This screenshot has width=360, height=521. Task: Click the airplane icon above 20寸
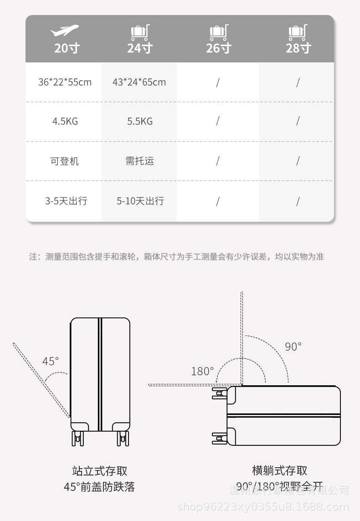[x=64, y=31]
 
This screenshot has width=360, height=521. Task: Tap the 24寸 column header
[x=139, y=47]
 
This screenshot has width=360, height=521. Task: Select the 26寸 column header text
[x=219, y=47]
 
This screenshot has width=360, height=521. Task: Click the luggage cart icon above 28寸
[x=297, y=32]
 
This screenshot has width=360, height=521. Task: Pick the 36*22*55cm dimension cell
[x=65, y=82]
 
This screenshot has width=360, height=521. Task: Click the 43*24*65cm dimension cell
[x=139, y=82]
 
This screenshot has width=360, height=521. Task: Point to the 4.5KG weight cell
[x=65, y=121]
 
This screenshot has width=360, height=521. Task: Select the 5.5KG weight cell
[x=139, y=121]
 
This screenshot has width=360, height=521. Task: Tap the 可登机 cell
[x=65, y=161]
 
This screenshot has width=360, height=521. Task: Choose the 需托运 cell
[x=139, y=161]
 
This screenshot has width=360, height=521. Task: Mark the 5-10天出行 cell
[x=140, y=201]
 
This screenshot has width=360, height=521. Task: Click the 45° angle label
[x=51, y=361]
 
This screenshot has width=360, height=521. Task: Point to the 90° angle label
[x=293, y=347]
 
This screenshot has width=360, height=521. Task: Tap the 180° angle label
[x=202, y=371]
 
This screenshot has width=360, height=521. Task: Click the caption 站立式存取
[x=99, y=470]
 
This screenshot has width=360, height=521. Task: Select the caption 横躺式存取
[x=279, y=470]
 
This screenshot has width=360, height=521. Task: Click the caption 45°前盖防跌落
[x=99, y=487]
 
